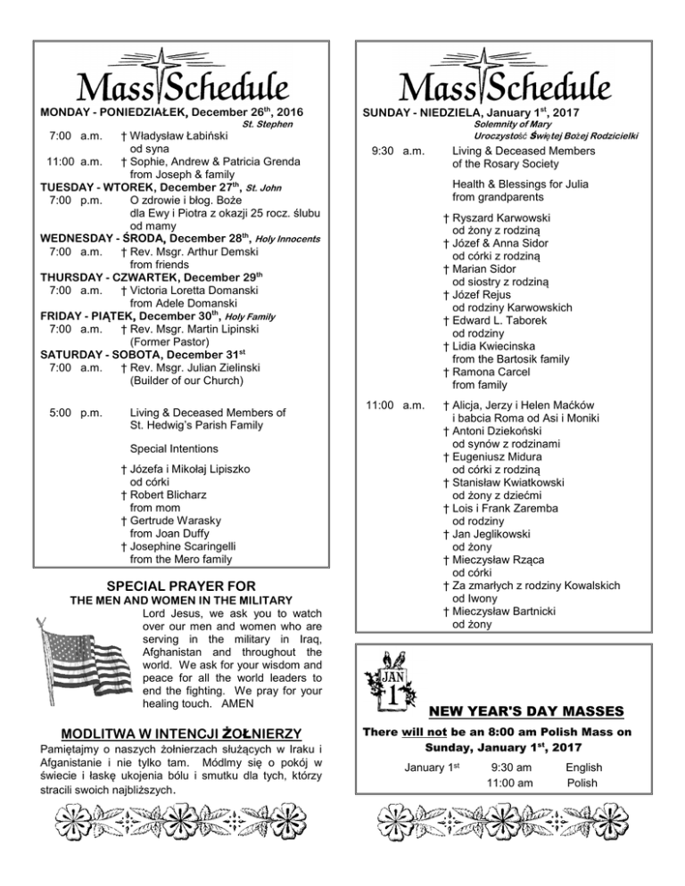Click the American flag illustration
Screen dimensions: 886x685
pos(86,663)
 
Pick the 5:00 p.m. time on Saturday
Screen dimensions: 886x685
pos(77,412)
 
